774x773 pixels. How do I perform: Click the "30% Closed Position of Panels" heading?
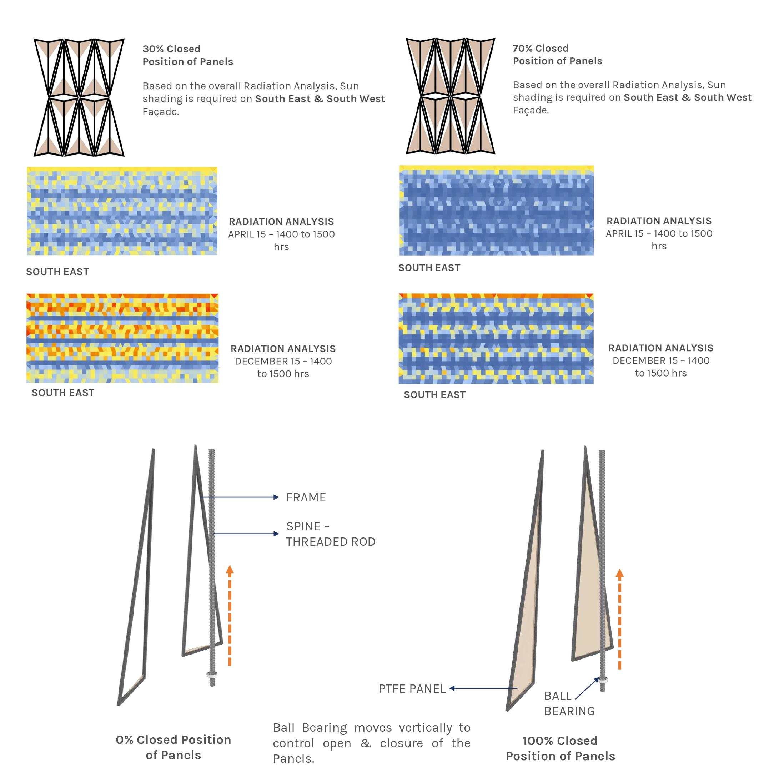click(x=187, y=55)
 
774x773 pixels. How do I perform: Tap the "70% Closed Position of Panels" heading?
click(x=557, y=55)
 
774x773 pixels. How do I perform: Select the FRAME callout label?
click(x=306, y=497)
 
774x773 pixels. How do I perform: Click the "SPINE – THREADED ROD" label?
click(x=330, y=534)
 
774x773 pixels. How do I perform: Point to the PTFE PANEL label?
click(x=412, y=689)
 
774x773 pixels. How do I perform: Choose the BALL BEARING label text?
click(x=569, y=704)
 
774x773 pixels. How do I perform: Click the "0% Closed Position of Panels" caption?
click(x=174, y=747)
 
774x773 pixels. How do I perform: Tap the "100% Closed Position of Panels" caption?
click(x=560, y=748)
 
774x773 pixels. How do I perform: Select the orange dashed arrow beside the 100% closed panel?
click(x=619, y=619)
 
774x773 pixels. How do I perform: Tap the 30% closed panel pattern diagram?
click(x=79, y=97)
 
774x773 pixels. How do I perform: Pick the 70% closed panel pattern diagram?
click(x=450, y=96)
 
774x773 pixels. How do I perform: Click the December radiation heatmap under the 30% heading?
click(x=122, y=338)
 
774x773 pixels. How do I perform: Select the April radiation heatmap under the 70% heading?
click(x=496, y=211)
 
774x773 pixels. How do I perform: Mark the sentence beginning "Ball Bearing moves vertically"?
click(x=371, y=743)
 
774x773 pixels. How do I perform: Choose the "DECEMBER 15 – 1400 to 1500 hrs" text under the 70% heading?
click(x=660, y=367)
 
